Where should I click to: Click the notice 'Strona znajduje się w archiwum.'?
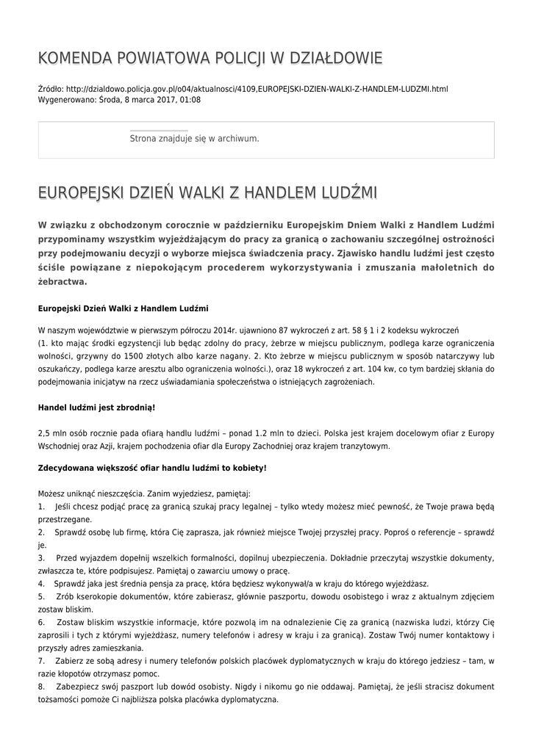coord(194,138)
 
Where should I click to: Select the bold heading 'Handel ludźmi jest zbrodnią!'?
coord(96,407)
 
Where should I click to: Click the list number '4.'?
coord(41,585)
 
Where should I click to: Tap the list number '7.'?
coord(41,661)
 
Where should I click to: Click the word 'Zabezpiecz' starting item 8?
coord(77,687)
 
